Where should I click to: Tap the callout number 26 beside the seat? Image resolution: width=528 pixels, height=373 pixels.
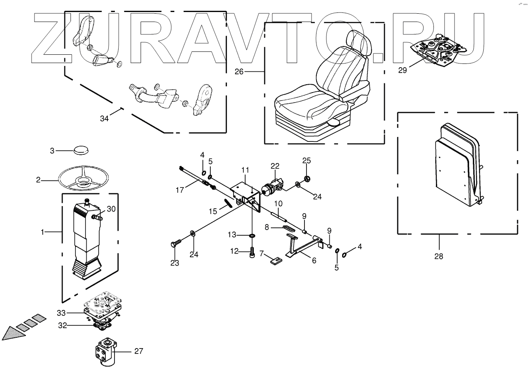click(x=239, y=71)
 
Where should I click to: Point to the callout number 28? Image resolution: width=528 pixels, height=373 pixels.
click(x=438, y=256)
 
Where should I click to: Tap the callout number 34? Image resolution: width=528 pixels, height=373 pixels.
click(x=104, y=118)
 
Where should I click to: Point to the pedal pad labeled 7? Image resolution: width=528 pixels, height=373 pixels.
click(x=276, y=260)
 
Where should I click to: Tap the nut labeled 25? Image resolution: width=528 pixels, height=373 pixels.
click(x=307, y=179)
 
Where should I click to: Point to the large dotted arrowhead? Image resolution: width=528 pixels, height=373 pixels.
click(x=12, y=333)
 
